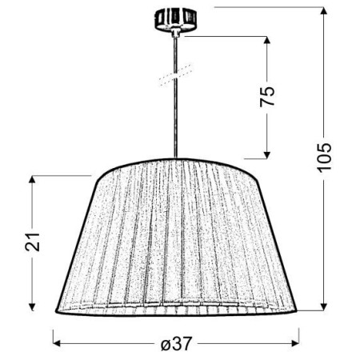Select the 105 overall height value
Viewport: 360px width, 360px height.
[x=323, y=160]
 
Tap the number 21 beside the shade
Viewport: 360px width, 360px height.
[x=33, y=242]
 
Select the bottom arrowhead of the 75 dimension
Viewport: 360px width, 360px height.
[x=266, y=155]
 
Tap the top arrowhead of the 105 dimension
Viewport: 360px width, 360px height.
[x=324, y=10]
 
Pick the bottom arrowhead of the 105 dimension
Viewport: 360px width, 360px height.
[x=324, y=307]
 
